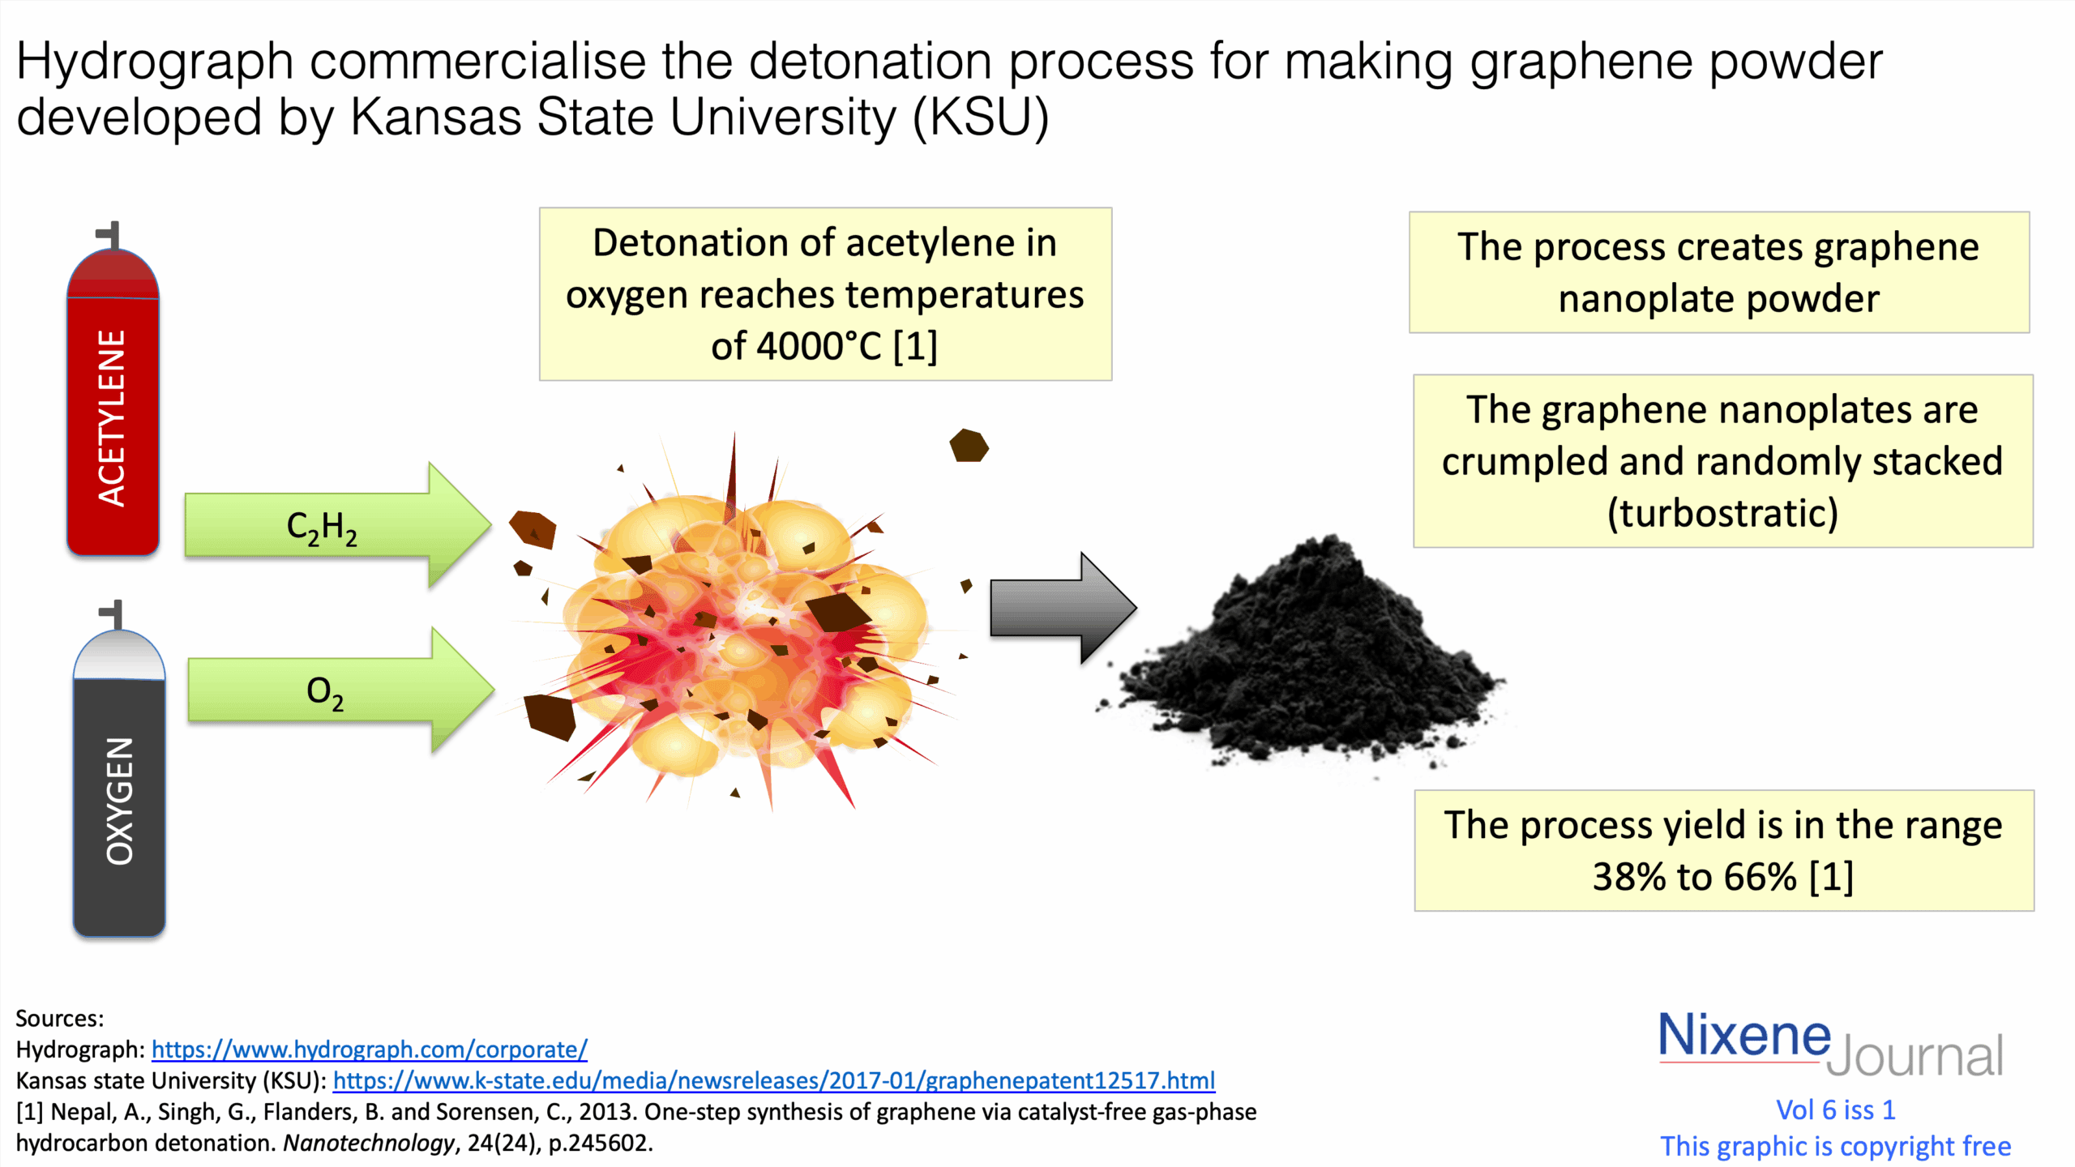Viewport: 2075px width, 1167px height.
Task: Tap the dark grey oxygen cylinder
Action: tap(119, 794)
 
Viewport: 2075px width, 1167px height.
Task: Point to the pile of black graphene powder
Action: tap(1313, 656)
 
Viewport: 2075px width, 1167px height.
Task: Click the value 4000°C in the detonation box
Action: tap(819, 346)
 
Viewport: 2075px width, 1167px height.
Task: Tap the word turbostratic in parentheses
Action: tap(1722, 513)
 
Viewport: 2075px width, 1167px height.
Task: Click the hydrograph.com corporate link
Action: tap(369, 1049)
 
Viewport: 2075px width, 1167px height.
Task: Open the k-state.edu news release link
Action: tap(773, 1080)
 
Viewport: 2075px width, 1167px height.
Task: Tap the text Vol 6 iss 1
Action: tap(1835, 1109)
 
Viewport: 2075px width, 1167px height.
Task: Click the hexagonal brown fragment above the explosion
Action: tap(969, 446)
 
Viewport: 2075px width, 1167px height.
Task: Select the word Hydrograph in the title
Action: tap(154, 62)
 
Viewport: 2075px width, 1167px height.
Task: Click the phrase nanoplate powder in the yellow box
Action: tap(1718, 299)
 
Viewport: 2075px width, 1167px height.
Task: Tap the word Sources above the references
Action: tap(59, 1019)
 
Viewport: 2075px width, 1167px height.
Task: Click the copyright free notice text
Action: tap(1835, 1146)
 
